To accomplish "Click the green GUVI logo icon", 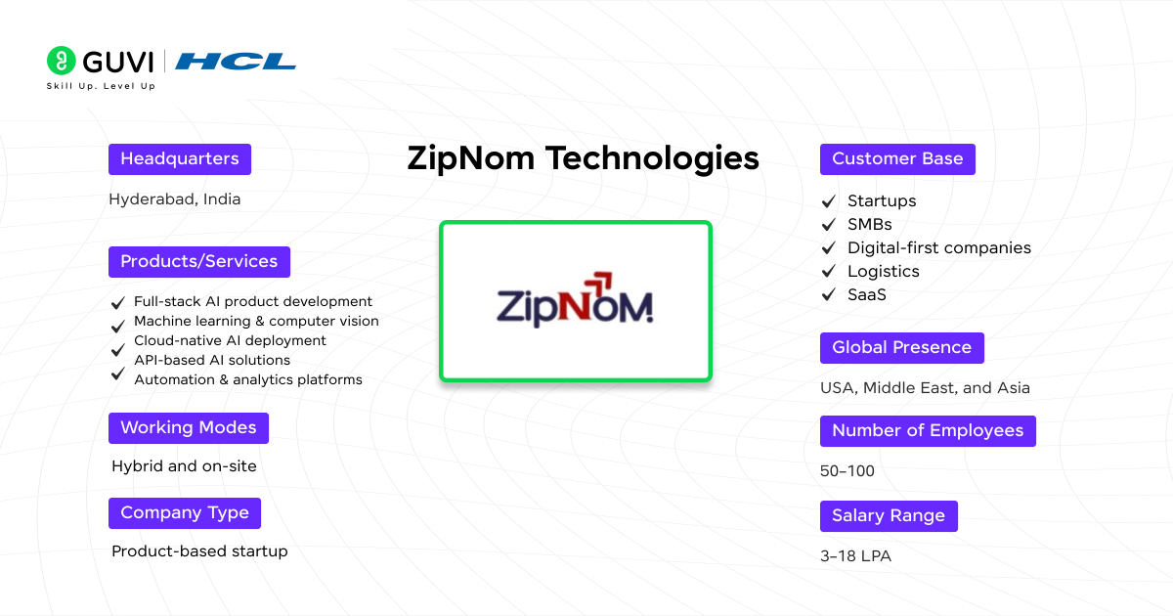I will [61, 61].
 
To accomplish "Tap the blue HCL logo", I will [236, 62].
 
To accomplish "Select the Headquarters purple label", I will [180, 159].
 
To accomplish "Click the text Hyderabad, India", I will [175, 199].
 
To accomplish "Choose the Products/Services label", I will [199, 262].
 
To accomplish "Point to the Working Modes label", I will [189, 428].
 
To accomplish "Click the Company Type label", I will [185, 513].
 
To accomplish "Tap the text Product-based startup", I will [199, 551].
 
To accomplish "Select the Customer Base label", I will [897, 159].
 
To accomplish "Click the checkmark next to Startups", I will [829, 201].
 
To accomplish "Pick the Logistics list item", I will [883, 272].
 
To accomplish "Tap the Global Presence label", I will [901, 348].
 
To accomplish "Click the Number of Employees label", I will [928, 431].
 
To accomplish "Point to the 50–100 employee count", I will [847, 471].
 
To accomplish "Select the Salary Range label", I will [889, 516].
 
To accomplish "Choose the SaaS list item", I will [866, 295].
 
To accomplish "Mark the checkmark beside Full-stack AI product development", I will [118, 302].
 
